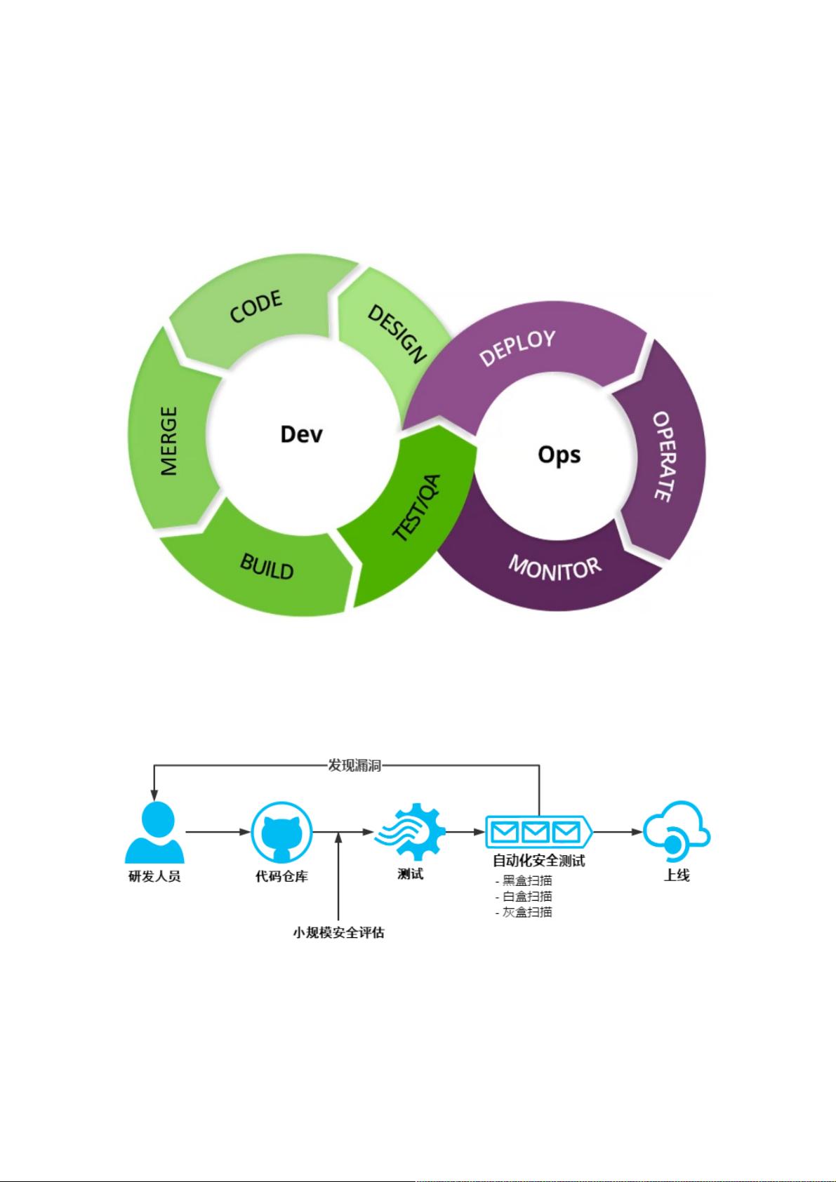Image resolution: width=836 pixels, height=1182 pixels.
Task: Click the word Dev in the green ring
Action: coord(301,434)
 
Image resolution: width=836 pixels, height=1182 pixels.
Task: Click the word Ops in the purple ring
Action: coord(559,455)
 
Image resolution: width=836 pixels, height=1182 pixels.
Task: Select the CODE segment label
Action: coord(256,307)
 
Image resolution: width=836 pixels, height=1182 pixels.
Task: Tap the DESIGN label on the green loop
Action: coord(397,334)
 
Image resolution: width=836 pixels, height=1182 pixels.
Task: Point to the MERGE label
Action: coord(169,441)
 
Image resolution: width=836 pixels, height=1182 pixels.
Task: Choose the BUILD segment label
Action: coord(267,567)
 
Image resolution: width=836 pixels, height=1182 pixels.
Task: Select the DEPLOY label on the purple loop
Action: coord(517,348)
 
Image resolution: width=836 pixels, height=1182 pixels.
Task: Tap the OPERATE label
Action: coord(664,457)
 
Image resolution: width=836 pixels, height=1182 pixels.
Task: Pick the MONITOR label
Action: coord(555,568)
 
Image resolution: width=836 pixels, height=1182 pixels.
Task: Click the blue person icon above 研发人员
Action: coord(154,832)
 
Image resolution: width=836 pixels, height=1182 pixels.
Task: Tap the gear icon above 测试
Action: coord(411,832)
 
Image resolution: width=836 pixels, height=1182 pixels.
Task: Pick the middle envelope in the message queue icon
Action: coord(535,833)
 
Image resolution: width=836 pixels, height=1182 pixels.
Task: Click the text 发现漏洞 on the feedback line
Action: coord(354,765)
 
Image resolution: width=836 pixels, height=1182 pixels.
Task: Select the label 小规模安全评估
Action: coord(338,932)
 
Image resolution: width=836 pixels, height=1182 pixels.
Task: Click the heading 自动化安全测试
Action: coord(538,861)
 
